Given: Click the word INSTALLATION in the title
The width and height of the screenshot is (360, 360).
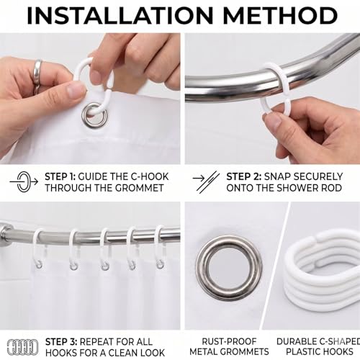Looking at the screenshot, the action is (x=120, y=16).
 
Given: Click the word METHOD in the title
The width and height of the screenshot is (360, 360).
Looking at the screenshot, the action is (x=280, y=16).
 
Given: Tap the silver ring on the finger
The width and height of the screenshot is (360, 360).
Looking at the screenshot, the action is (x=37, y=72).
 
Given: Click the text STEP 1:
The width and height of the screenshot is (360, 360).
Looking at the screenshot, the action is (x=60, y=176).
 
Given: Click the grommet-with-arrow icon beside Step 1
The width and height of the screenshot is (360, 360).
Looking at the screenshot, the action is (x=24, y=181).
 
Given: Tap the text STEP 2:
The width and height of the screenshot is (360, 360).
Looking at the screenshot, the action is (x=243, y=176).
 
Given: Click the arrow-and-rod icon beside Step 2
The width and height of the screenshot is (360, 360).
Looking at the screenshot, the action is (x=206, y=181).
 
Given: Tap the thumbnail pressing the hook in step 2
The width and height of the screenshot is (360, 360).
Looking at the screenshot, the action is (x=272, y=121).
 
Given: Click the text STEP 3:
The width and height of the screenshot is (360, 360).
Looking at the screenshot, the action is (x=61, y=341).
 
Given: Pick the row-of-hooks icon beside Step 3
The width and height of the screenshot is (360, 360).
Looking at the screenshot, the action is (x=22, y=346).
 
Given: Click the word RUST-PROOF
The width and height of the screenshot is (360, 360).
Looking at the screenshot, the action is (x=229, y=341).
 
